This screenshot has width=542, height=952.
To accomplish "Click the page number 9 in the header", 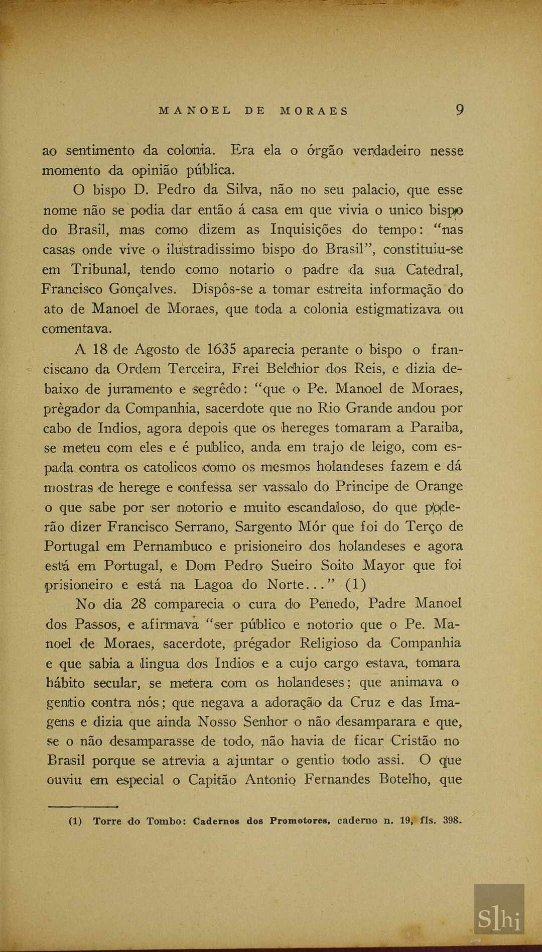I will click(x=459, y=110).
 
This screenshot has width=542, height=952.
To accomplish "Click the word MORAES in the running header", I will click(x=314, y=111).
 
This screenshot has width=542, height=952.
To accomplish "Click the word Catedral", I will click(x=434, y=270).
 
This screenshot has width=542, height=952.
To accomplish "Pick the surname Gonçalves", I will click(x=143, y=289).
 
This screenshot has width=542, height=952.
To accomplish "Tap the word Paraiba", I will click(x=436, y=428).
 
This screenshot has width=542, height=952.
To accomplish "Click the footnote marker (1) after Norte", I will click(x=356, y=585).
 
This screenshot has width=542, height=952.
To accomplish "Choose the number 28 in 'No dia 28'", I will click(x=138, y=603).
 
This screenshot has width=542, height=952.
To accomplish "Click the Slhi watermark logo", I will click(x=499, y=909).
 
